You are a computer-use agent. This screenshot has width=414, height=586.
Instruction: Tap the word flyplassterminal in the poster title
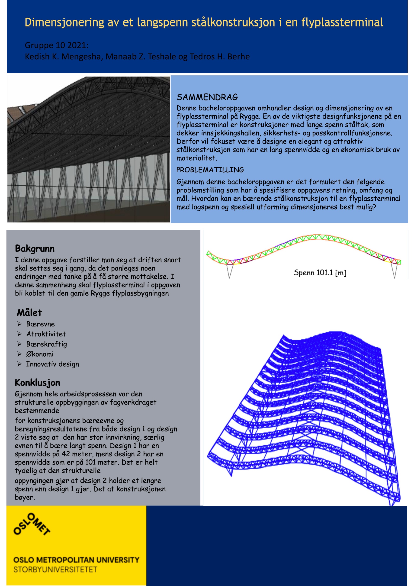pyautogui.click(x=342, y=23)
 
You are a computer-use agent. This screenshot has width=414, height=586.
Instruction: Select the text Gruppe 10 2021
pyautogui.click(x=56, y=45)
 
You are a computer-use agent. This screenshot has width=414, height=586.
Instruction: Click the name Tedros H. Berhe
pyautogui.click(x=219, y=56)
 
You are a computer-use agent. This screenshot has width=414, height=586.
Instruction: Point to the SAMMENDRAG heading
pyautogui.click(x=207, y=97)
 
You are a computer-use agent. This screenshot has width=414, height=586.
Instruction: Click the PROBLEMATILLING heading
pyautogui.click(x=210, y=170)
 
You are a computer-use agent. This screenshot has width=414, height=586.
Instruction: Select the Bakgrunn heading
pyautogui.click(x=35, y=248)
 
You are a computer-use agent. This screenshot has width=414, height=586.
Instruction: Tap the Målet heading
pyautogui.click(x=29, y=313)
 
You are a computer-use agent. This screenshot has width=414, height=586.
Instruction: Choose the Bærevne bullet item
pyautogui.click(x=40, y=324)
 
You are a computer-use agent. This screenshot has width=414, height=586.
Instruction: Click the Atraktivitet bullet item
pyautogui.click(x=46, y=334)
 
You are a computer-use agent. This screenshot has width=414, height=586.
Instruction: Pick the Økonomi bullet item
pyautogui.click(x=40, y=354)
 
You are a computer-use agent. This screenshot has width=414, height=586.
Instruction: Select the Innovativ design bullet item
pyautogui.click(x=52, y=364)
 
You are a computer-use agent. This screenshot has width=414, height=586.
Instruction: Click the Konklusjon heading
pyautogui.click(x=38, y=383)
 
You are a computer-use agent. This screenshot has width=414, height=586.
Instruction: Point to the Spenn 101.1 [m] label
pyautogui.click(x=320, y=273)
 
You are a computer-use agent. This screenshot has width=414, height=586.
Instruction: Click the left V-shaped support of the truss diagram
pyautogui.click(x=229, y=270)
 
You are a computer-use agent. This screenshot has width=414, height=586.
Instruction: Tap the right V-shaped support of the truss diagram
pyautogui.click(x=394, y=270)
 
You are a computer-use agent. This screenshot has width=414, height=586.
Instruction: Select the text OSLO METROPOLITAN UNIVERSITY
pyautogui.click(x=76, y=560)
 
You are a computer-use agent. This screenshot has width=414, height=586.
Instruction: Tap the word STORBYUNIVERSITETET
pyautogui.click(x=55, y=570)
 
